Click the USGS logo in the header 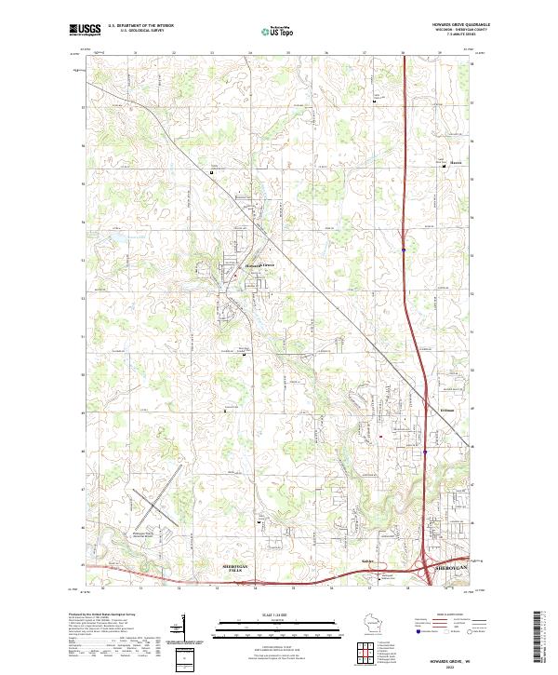85,30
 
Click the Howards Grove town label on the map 260,264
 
